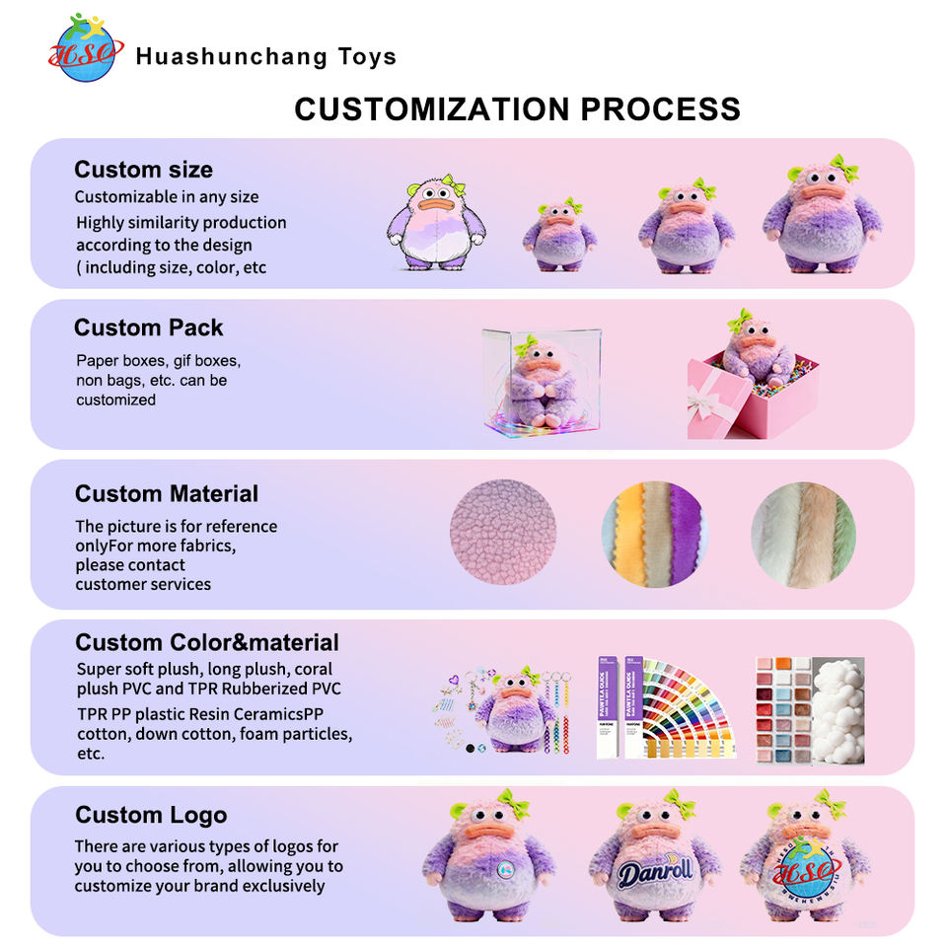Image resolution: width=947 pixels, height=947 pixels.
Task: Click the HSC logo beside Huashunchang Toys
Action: (x=86, y=49)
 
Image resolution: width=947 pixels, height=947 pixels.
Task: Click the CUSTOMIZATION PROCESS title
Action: (x=517, y=109)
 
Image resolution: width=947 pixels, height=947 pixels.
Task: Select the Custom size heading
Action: (x=143, y=170)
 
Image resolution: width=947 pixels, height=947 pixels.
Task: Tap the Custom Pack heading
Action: (x=148, y=328)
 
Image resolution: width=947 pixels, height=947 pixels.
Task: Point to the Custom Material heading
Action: (x=166, y=493)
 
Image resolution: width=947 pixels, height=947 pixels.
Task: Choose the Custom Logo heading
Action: (x=151, y=815)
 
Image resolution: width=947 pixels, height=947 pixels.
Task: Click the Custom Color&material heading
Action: (x=206, y=643)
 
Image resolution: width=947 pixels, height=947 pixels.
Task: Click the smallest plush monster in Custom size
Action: (x=559, y=236)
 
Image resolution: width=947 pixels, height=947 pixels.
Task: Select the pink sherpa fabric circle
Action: (x=502, y=532)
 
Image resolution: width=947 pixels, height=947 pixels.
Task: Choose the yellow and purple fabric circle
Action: (x=654, y=534)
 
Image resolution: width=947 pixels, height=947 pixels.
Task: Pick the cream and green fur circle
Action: (x=803, y=534)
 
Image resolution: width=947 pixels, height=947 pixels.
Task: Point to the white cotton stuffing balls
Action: (x=835, y=710)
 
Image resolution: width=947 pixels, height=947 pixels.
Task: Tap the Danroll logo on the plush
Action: (x=654, y=871)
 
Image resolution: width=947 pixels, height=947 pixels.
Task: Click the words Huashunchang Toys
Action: (x=265, y=56)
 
